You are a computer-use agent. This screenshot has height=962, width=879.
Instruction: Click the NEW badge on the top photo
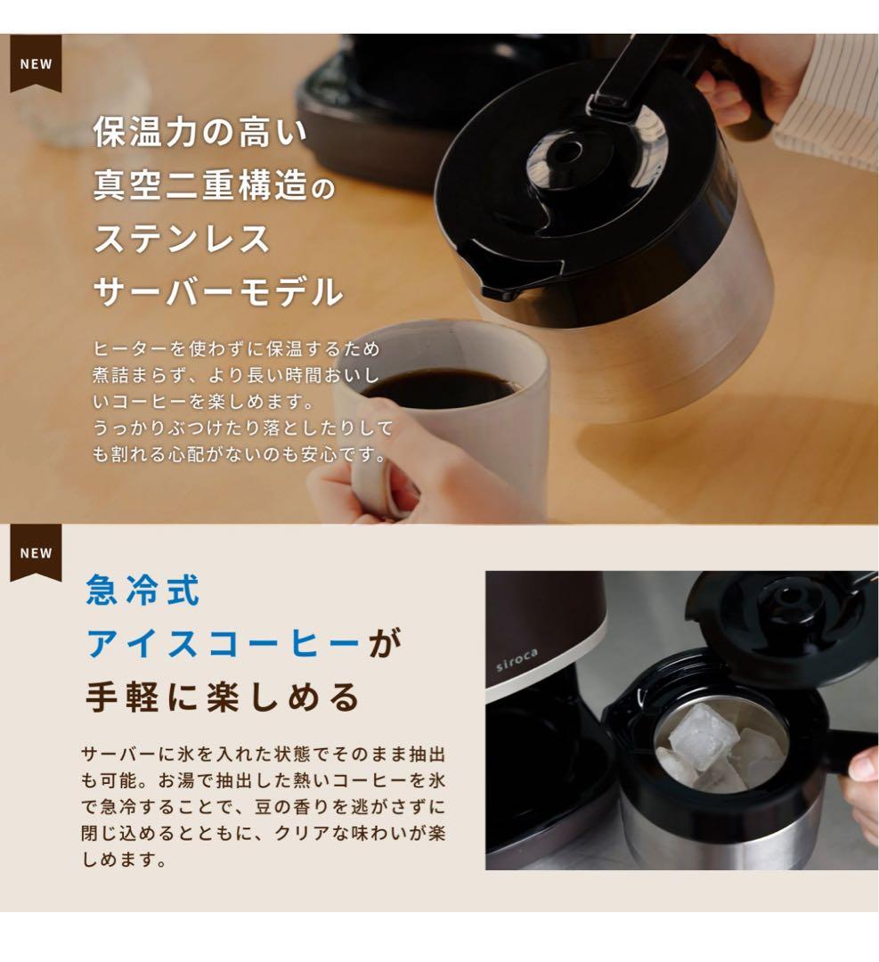(x=36, y=63)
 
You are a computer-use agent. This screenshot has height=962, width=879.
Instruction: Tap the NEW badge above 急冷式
(x=36, y=552)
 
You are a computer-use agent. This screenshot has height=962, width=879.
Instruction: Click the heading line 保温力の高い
(x=199, y=134)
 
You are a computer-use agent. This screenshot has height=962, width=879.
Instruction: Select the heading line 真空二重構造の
(x=214, y=187)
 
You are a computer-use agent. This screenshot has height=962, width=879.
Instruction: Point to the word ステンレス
(x=182, y=239)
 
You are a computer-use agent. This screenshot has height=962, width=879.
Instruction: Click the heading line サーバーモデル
(x=217, y=291)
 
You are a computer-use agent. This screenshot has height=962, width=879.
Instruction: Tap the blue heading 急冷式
(x=142, y=591)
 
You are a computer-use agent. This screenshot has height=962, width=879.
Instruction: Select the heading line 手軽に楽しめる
(x=223, y=697)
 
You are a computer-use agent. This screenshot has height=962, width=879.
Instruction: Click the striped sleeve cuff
(x=824, y=125)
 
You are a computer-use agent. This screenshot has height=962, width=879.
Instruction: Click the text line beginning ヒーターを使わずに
(x=236, y=348)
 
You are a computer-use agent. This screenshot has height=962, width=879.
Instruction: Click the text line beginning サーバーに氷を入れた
(x=263, y=754)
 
